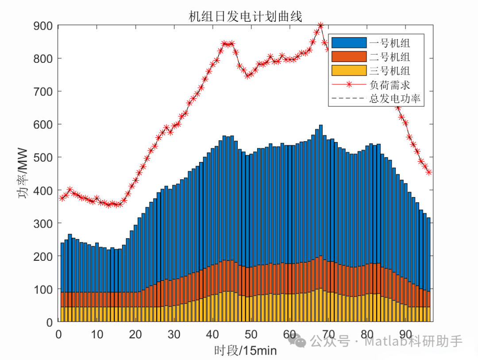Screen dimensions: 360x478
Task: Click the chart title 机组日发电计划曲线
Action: pos(245,17)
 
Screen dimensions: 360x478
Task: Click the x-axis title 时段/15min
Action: pos(245,351)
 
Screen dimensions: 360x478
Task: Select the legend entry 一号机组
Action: pos(389,43)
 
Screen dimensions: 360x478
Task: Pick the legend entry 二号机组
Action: pos(389,57)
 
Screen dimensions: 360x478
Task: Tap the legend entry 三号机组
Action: pos(389,70)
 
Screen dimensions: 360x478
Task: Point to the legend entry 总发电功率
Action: pos(396,99)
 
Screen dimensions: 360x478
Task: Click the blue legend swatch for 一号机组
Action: pos(349,43)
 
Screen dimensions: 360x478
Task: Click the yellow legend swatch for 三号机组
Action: pos(349,70)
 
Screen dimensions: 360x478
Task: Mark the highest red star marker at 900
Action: pos(320,26)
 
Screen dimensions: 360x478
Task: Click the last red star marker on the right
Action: pos(428,172)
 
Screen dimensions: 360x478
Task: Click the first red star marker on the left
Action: pos(62,198)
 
